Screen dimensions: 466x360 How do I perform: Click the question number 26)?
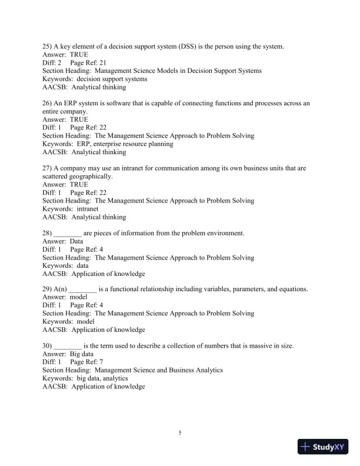[x=49, y=104]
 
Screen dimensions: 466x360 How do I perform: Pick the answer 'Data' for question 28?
[x=76, y=241]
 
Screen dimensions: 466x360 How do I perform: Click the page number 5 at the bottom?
[x=180, y=434]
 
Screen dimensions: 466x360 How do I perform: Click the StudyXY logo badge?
[x=323, y=447]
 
